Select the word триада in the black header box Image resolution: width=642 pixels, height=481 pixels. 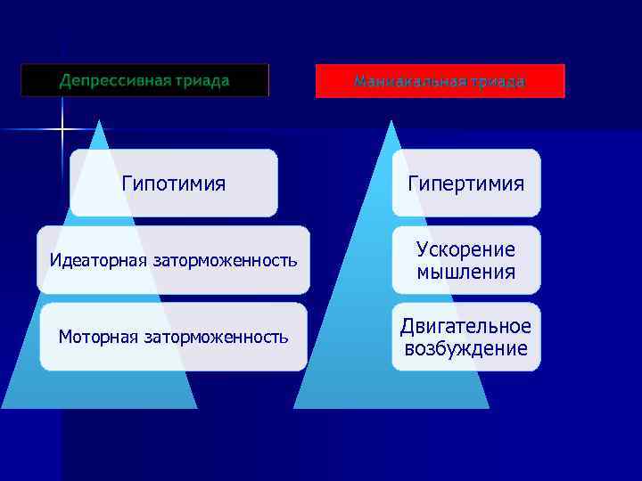[x=202, y=81]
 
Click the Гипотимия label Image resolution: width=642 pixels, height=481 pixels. [x=173, y=183]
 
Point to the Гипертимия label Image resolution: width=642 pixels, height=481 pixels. [x=466, y=183]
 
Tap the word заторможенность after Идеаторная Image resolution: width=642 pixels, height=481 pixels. [x=225, y=261]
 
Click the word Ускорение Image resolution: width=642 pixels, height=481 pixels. [x=466, y=249]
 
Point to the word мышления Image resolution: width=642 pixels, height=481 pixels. [x=466, y=271]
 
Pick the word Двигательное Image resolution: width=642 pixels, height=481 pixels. [x=466, y=326]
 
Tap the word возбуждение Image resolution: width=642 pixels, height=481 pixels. [x=466, y=348]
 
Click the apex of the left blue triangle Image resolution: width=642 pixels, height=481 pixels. [x=99, y=121]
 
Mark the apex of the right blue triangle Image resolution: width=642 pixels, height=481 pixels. [x=390, y=121]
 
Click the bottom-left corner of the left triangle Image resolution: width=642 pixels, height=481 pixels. [x=2, y=408]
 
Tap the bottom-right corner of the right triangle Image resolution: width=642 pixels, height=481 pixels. [x=489, y=408]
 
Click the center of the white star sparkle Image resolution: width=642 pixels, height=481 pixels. [x=62, y=130]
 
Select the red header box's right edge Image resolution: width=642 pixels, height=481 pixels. [x=564, y=81]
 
